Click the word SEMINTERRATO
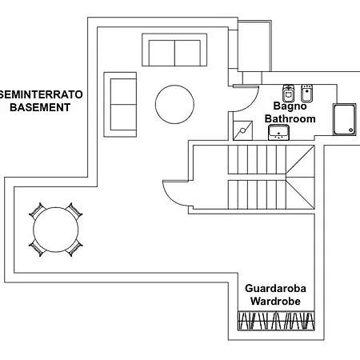click(41, 94)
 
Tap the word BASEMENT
click(40, 107)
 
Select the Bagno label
click(290, 106)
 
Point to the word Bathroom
click(290, 118)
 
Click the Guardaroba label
click(275, 289)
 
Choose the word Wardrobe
click(275, 302)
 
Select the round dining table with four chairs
click(56, 230)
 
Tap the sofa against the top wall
click(174, 50)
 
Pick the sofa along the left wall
click(120, 105)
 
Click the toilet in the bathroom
click(288, 94)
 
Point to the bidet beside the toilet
click(307, 93)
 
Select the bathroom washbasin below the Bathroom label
click(278, 132)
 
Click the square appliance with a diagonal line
click(242, 130)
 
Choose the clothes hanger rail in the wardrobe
click(276, 321)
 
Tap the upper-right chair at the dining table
click(74, 210)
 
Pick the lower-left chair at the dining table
click(37, 249)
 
